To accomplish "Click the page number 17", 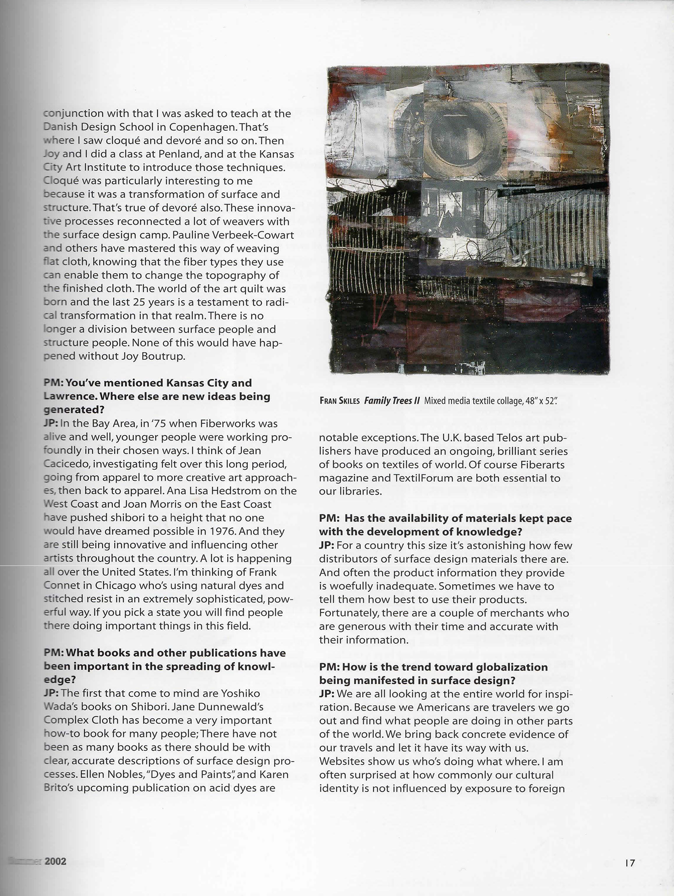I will click(630, 863).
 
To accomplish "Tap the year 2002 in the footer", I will click(56, 861).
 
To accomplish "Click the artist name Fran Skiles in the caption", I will click(339, 401).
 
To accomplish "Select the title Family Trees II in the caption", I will click(392, 401).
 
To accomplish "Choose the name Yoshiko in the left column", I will click(240, 693).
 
